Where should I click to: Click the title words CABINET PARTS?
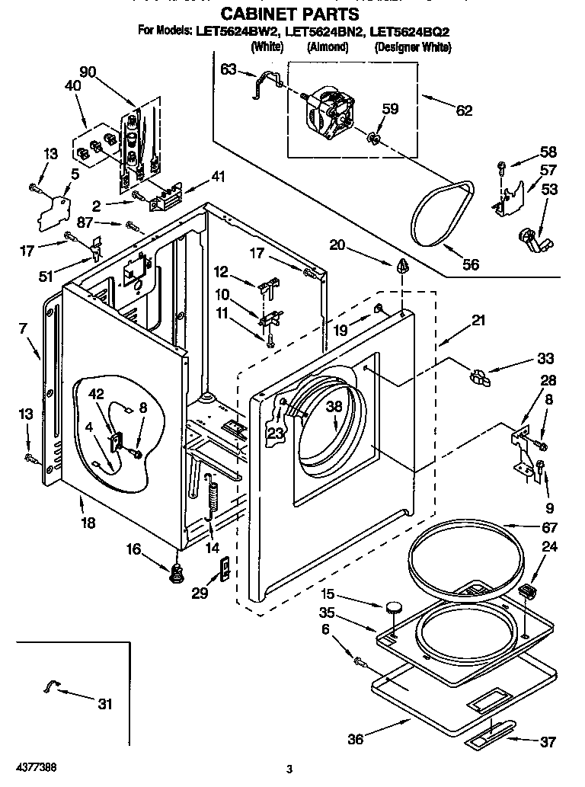click(289, 14)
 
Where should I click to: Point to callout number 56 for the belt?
click(472, 265)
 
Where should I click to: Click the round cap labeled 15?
click(395, 607)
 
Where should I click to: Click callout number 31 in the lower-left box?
click(104, 704)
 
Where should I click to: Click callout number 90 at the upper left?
click(88, 72)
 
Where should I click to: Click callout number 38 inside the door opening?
click(334, 408)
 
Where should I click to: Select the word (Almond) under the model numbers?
click(328, 47)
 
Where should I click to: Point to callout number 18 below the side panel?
click(88, 523)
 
